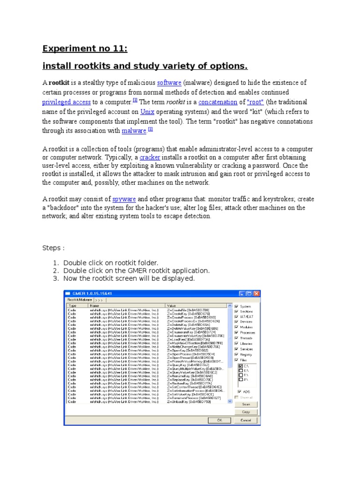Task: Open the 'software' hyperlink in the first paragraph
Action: (x=169, y=82)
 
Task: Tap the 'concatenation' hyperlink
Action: (x=217, y=102)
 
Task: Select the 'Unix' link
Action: (x=147, y=112)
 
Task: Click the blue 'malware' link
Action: (x=134, y=131)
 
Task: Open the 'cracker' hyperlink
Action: (x=150, y=157)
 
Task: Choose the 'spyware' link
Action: (x=125, y=199)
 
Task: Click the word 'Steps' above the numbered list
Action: (x=52, y=247)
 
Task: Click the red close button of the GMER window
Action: (x=256, y=293)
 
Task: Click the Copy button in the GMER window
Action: (x=246, y=412)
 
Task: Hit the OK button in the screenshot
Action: (x=219, y=420)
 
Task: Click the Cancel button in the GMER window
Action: (x=246, y=420)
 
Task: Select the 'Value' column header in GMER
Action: (x=171, y=305)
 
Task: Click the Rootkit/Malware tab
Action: (x=79, y=299)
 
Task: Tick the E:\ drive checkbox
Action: (x=240, y=370)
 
